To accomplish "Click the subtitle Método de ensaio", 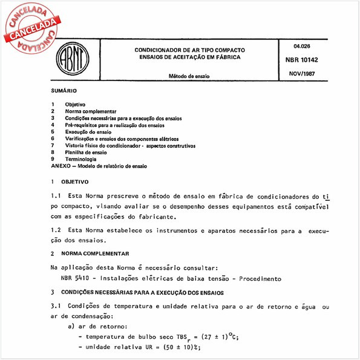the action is coord(190,77).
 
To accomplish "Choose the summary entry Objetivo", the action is coord(76,105).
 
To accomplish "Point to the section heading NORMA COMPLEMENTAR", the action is coord(97,253).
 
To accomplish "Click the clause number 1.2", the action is coord(57,231).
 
